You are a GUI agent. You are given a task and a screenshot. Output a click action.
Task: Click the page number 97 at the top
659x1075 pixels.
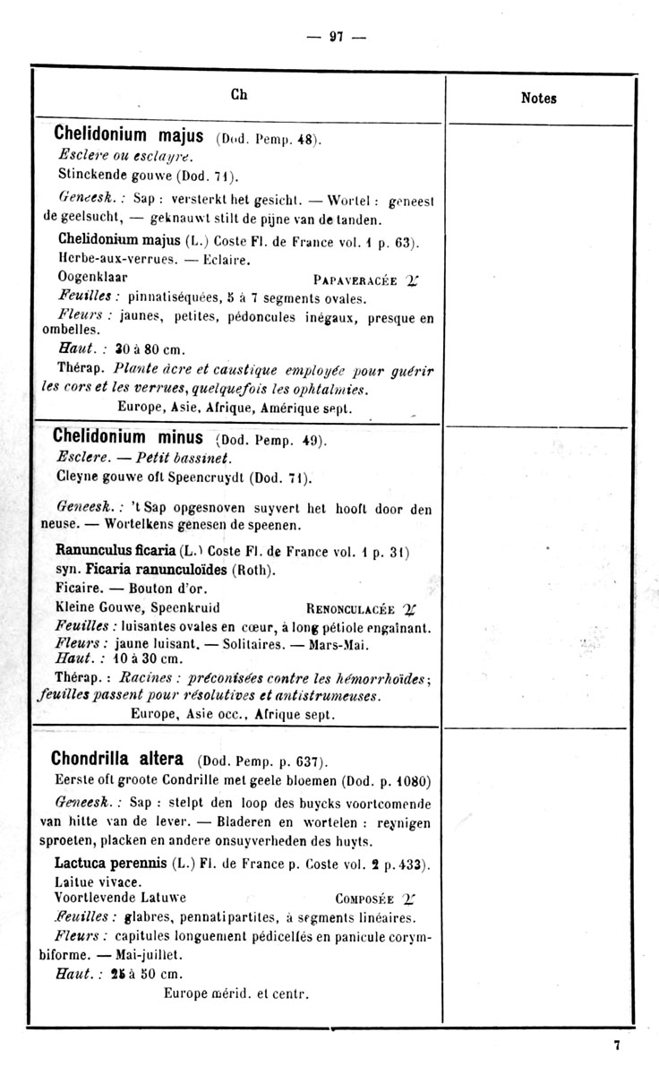tap(337, 37)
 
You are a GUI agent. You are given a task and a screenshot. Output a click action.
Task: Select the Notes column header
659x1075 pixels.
tap(538, 99)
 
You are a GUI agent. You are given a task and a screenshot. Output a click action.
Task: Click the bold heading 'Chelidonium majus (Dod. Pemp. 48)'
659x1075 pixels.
tap(187, 138)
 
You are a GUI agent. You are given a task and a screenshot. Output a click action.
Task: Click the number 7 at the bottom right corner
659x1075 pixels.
tap(617, 1045)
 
